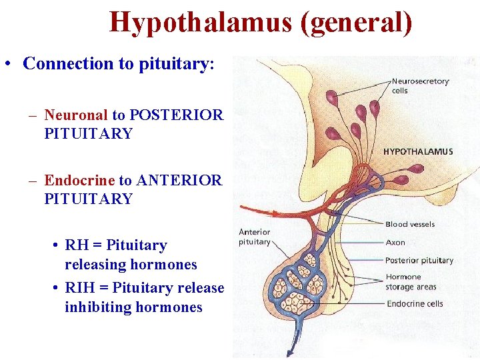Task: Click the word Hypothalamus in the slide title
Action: [x=201, y=22]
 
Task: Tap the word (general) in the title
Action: [x=356, y=22]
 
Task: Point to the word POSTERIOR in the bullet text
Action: [x=177, y=115]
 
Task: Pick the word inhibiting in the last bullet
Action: [x=99, y=307]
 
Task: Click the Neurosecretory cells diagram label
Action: [x=420, y=86]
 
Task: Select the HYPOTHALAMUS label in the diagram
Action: [x=418, y=151]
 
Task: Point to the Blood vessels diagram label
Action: [x=409, y=224]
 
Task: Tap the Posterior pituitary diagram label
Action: [x=419, y=260]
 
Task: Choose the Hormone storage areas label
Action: [x=410, y=282]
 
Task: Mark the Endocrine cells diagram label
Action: [x=414, y=303]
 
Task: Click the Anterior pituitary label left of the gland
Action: [x=255, y=237]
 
